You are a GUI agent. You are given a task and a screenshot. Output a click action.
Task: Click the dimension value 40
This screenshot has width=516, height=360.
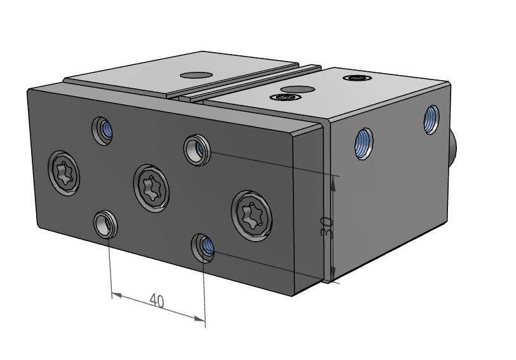coord(158,300)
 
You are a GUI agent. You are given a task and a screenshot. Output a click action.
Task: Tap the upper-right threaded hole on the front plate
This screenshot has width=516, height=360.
coord(196,149)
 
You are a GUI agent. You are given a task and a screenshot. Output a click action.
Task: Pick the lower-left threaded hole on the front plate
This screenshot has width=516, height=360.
coord(104,223)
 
